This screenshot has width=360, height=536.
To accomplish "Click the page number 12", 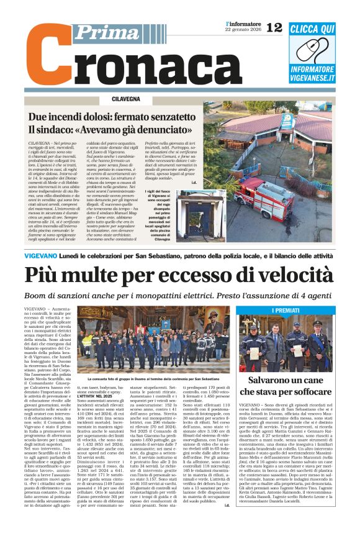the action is pos(274,27).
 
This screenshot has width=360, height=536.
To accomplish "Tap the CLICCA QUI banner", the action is pos(312,29).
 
